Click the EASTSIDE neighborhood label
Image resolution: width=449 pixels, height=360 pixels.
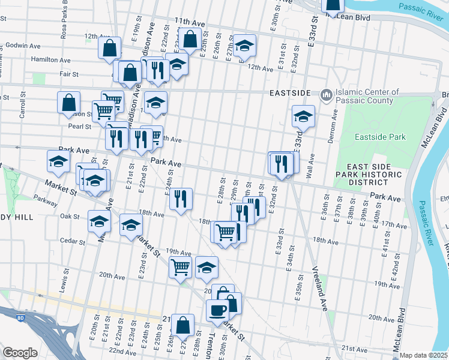(290, 93)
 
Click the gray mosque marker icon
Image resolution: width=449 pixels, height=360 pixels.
(327, 95)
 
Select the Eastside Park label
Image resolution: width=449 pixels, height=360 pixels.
(380, 137)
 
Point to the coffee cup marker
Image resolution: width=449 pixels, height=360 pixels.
(217, 310)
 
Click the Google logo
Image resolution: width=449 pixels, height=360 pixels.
(20, 353)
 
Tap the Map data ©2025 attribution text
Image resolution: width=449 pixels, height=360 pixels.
(423, 355)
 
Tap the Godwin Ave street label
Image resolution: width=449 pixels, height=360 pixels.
(22, 46)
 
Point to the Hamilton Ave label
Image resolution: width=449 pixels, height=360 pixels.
(51, 60)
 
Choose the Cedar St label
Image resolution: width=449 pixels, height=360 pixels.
(73, 241)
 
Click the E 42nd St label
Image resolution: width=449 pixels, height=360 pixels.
(394, 277)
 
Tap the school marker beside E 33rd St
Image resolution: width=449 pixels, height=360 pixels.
(304, 116)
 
